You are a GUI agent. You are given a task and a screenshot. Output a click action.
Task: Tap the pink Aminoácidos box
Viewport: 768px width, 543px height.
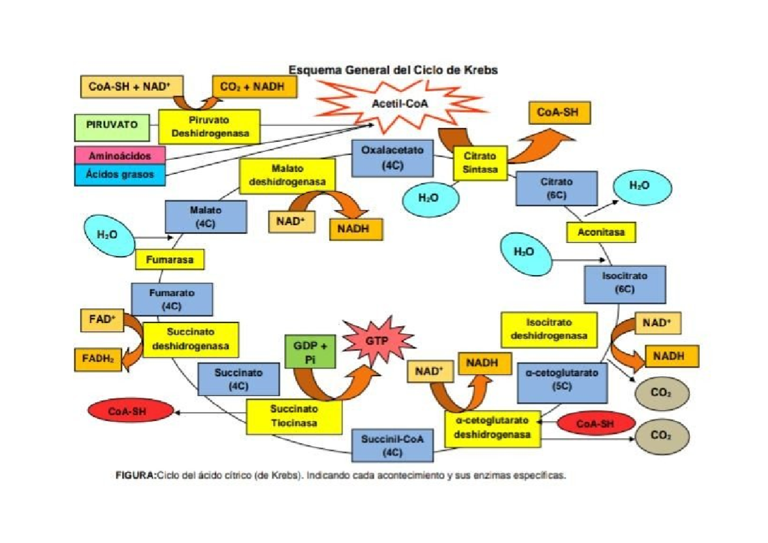tap(120, 155)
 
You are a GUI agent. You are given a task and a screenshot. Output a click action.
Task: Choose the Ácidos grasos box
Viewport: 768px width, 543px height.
tap(120, 175)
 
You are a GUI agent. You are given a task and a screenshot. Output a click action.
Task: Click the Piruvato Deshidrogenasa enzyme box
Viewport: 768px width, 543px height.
tap(209, 127)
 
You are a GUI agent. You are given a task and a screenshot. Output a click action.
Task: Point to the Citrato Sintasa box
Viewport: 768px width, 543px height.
tap(476, 163)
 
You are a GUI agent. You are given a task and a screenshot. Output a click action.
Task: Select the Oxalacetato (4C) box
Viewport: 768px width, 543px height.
tap(392, 158)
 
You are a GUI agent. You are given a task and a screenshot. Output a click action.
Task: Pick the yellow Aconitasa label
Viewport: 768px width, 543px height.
tap(601, 232)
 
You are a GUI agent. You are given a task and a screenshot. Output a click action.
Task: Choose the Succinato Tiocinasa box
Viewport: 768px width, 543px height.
tap(294, 416)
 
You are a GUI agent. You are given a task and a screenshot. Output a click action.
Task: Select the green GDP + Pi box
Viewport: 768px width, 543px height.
tap(310, 354)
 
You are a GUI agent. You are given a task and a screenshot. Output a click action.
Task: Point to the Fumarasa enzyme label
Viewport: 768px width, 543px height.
tap(170, 260)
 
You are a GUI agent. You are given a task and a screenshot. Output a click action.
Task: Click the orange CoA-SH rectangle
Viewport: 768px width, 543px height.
tap(558, 113)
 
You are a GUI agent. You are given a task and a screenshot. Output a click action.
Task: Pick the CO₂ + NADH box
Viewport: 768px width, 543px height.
tap(255, 87)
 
